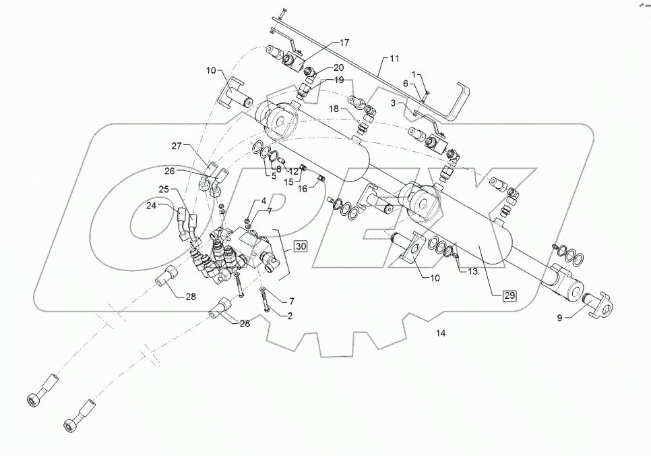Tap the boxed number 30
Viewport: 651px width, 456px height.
coord(300,247)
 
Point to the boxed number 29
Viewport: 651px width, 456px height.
coord(508,295)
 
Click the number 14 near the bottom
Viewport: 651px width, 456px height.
coord(441,333)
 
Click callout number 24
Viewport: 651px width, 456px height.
coord(151,205)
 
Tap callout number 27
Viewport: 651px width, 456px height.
coord(177,145)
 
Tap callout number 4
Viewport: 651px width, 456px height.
coord(263,201)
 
